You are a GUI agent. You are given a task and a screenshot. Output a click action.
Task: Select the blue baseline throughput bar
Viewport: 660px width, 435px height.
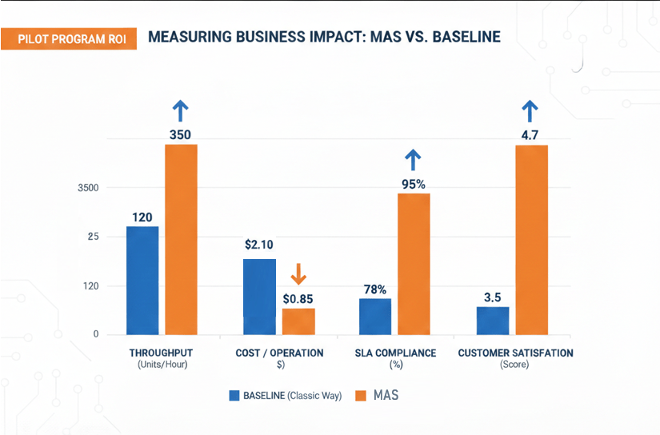click(x=142, y=280)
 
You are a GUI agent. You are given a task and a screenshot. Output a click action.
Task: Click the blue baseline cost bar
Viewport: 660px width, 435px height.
click(x=259, y=297)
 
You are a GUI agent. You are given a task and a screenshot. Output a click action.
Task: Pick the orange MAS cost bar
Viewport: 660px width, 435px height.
click(x=298, y=321)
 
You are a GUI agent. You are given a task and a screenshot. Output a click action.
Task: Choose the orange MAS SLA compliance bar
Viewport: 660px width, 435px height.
click(x=414, y=263)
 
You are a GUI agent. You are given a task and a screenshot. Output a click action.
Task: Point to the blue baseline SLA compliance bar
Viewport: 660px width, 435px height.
click(x=374, y=316)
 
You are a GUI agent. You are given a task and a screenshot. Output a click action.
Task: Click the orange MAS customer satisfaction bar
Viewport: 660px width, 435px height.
click(x=531, y=239)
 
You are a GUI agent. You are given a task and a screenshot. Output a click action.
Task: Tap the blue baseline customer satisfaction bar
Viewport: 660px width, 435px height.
click(x=493, y=320)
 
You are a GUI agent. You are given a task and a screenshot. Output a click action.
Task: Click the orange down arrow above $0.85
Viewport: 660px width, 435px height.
click(x=298, y=274)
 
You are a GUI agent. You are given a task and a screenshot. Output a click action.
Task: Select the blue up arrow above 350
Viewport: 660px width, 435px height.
click(x=181, y=110)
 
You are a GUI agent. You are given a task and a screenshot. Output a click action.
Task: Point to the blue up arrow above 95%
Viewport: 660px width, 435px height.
click(x=414, y=160)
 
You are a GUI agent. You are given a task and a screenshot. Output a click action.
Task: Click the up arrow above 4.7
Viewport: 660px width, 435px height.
click(x=530, y=110)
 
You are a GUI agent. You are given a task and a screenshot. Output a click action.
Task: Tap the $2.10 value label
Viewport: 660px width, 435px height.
click(x=259, y=245)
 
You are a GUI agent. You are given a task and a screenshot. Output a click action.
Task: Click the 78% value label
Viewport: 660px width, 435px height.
click(x=374, y=289)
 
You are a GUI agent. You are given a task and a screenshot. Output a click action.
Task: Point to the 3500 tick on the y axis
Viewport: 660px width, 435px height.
click(x=88, y=188)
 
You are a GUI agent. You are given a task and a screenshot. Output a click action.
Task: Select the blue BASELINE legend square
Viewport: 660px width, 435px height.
click(x=234, y=395)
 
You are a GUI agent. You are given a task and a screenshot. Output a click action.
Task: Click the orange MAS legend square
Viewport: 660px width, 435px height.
click(x=359, y=395)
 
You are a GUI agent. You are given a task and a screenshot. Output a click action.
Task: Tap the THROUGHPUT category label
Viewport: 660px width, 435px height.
click(x=161, y=353)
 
